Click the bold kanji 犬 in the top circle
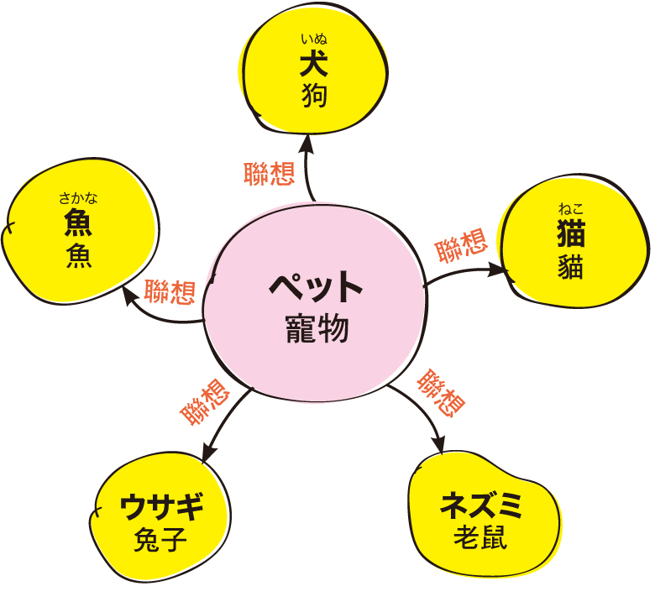tap(314, 64)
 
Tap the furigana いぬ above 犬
tap(314, 39)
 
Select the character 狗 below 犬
tap(314, 95)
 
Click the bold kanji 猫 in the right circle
tap(571, 233)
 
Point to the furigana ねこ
tap(571, 208)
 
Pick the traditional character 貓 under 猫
tap(571, 265)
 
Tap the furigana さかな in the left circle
tap(78, 197)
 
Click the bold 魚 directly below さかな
tap(78, 222)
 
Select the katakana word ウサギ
tap(161, 506)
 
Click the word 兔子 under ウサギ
tap(160, 539)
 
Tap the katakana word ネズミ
tap(481, 505)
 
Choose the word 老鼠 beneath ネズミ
tap(481, 537)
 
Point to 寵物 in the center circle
tap(317, 329)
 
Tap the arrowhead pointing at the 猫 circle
tap(499, 270)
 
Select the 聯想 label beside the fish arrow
tap(170, 291)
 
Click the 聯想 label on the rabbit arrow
tap(205, 402)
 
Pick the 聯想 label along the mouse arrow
tap(441, 393)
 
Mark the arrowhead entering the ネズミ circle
tap(439, 445)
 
